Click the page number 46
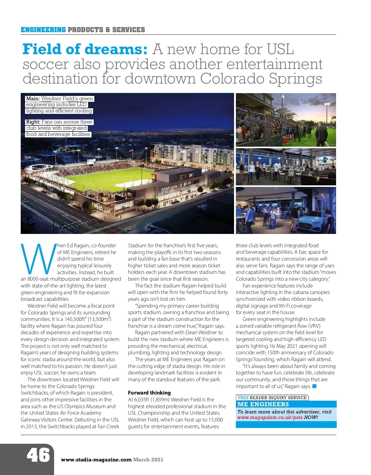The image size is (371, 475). (38, 455)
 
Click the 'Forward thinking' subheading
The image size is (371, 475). (149, 393)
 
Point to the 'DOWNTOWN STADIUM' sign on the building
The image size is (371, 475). (169, 189)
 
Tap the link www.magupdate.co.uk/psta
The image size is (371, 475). (270, 417)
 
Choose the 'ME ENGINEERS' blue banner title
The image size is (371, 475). (263, 404)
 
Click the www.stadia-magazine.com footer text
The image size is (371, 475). (96, 460)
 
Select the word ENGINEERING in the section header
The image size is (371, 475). (43, 30)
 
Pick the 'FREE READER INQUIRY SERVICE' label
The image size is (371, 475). (272, 398)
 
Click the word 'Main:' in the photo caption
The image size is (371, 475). (33, 99)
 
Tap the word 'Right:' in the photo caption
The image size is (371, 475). (33, 122)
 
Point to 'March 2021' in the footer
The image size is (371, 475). (148, 460)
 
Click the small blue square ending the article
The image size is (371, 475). (314, 386)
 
